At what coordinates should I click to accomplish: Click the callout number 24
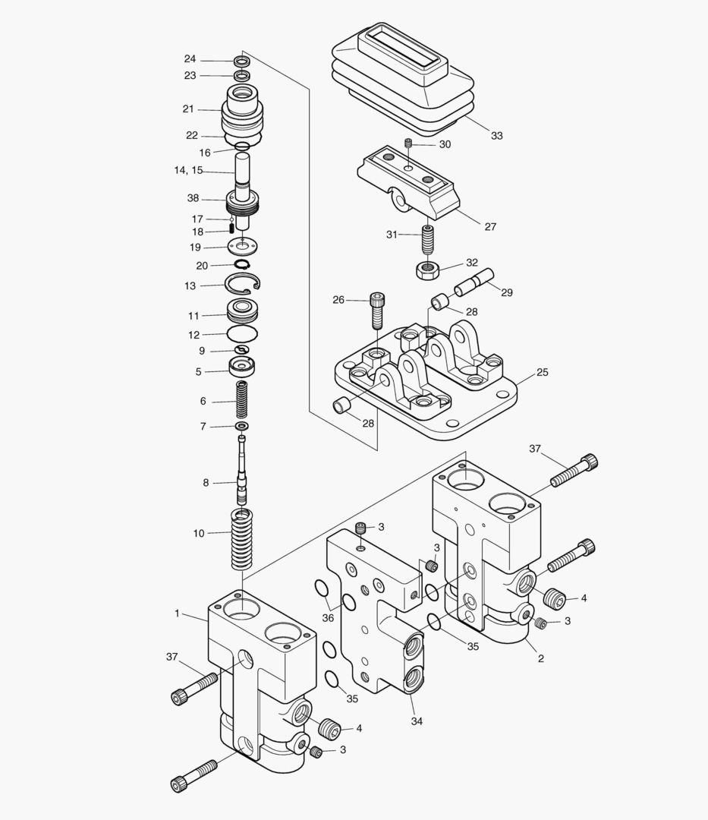pyautogui.click(x=190, y=59)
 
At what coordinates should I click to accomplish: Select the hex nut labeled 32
pyautogui.click(x=428, y=268)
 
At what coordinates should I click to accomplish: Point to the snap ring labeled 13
pyautogui.click(x=243, y=285)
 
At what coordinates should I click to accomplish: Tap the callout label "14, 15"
pyautogui.click(x=188, y=171)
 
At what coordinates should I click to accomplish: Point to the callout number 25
pyautogui.click(x=542, y=373)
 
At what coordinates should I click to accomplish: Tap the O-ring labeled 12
pyautogui.click(x=242, y=334)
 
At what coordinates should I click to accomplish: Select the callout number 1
pyautogui.click(x=178, y=613)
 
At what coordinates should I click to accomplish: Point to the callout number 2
pyautogui.click(x=540, y=658)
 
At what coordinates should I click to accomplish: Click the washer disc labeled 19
pyautogui.click(x=242, y=247)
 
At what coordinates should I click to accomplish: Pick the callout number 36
pyautogui.click(x=328, y=618)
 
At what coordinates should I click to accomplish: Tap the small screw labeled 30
pyautogui.click(x=407, y=144)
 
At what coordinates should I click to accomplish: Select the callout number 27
pyautogui.click(x=490, y=226)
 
